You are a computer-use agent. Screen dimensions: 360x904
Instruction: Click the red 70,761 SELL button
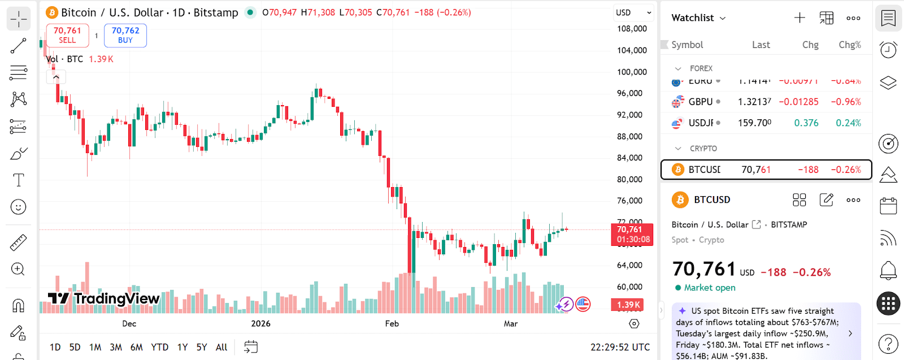[x=67, y=35]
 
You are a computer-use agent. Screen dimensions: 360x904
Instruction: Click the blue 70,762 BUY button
[x=125, y=35]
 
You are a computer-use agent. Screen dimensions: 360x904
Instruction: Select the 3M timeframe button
[x=116, y=347]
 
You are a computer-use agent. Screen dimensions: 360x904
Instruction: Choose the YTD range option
[x=159, y=347]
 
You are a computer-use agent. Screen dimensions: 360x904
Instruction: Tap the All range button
[x=221, y=347]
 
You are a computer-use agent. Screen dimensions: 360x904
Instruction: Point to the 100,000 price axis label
[x=632, y=72]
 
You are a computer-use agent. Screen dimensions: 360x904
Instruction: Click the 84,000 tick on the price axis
[x=629, y=158]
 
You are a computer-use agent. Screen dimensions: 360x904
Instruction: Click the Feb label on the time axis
[x=392, y=324]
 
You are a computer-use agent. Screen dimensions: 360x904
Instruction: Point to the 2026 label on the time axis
[x=260, y=324]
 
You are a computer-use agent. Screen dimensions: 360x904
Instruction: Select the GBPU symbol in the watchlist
[x=701, y=102]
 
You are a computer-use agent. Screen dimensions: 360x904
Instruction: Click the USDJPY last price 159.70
[x=754, y=123]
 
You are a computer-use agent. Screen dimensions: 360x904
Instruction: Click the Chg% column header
[x=849, y=45]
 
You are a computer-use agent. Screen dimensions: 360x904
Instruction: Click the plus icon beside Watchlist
[x=799, y=18]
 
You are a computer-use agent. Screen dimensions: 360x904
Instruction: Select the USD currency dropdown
[x=633, y=12]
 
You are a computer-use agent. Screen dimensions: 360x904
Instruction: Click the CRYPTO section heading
[x=703, y=149]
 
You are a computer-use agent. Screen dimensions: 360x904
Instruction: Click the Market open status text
[x=710, y=288]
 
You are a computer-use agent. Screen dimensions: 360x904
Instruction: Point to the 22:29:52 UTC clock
[x=620, y=347]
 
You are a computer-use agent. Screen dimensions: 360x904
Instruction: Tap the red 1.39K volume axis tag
[x=628, y=305]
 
